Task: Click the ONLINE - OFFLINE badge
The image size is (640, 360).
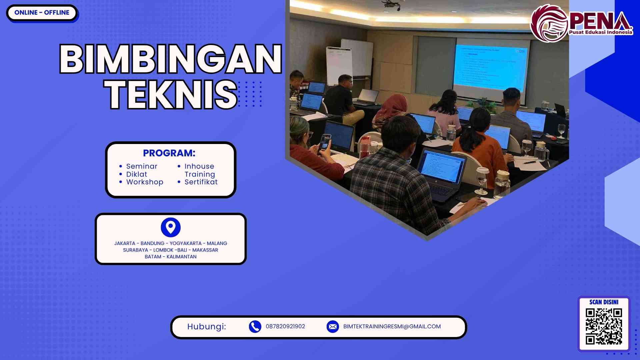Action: (42, 13)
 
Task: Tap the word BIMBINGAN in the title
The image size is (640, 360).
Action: (171, 59)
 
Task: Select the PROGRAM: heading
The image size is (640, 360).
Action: (169, 153)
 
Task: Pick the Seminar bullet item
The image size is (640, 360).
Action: (142, 166)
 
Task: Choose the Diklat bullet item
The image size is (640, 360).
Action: (137, 174)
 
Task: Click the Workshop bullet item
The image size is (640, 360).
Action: (145, 182)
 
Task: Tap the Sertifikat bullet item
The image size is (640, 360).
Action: (201, 182)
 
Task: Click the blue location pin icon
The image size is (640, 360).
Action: (171, 227)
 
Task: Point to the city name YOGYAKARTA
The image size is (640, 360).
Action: (186, 243)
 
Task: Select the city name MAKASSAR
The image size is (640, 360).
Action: (205, 250)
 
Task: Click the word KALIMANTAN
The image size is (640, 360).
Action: (181, 257)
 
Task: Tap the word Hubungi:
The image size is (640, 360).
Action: (207, 327)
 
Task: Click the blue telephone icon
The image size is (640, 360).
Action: (255, 327)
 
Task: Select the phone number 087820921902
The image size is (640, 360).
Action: (285, 327)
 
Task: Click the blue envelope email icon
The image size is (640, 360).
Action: (333, 327)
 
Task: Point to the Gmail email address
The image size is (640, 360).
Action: (392, 327)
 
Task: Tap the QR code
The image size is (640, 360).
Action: (604, 326)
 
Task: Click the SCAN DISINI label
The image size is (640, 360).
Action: (604, 302)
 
